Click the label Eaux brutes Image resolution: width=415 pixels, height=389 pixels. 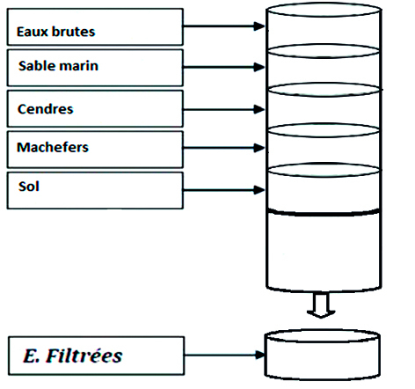(55, 32)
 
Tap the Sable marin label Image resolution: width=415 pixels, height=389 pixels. (58, 66)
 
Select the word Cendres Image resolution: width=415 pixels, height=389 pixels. (45, 109)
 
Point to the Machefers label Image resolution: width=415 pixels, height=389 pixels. (53, 147)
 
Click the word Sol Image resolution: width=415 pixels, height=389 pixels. (29, 187)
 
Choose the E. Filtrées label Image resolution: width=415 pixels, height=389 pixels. (72, 356)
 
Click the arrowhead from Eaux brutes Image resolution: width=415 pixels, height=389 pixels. (259, 26)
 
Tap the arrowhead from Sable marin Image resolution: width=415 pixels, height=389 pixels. (259, 67)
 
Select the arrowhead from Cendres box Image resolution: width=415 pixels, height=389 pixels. (259, 109)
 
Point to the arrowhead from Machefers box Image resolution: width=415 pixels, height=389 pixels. (259, 148)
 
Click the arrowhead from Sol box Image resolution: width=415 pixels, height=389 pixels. (259, 190)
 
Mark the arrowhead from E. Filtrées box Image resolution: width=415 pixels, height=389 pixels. (259, 355)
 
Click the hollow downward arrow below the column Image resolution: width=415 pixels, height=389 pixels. (321, 305)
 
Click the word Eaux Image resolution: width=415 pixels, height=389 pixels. (32, 32)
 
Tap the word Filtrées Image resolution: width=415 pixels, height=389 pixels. (84, 356)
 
